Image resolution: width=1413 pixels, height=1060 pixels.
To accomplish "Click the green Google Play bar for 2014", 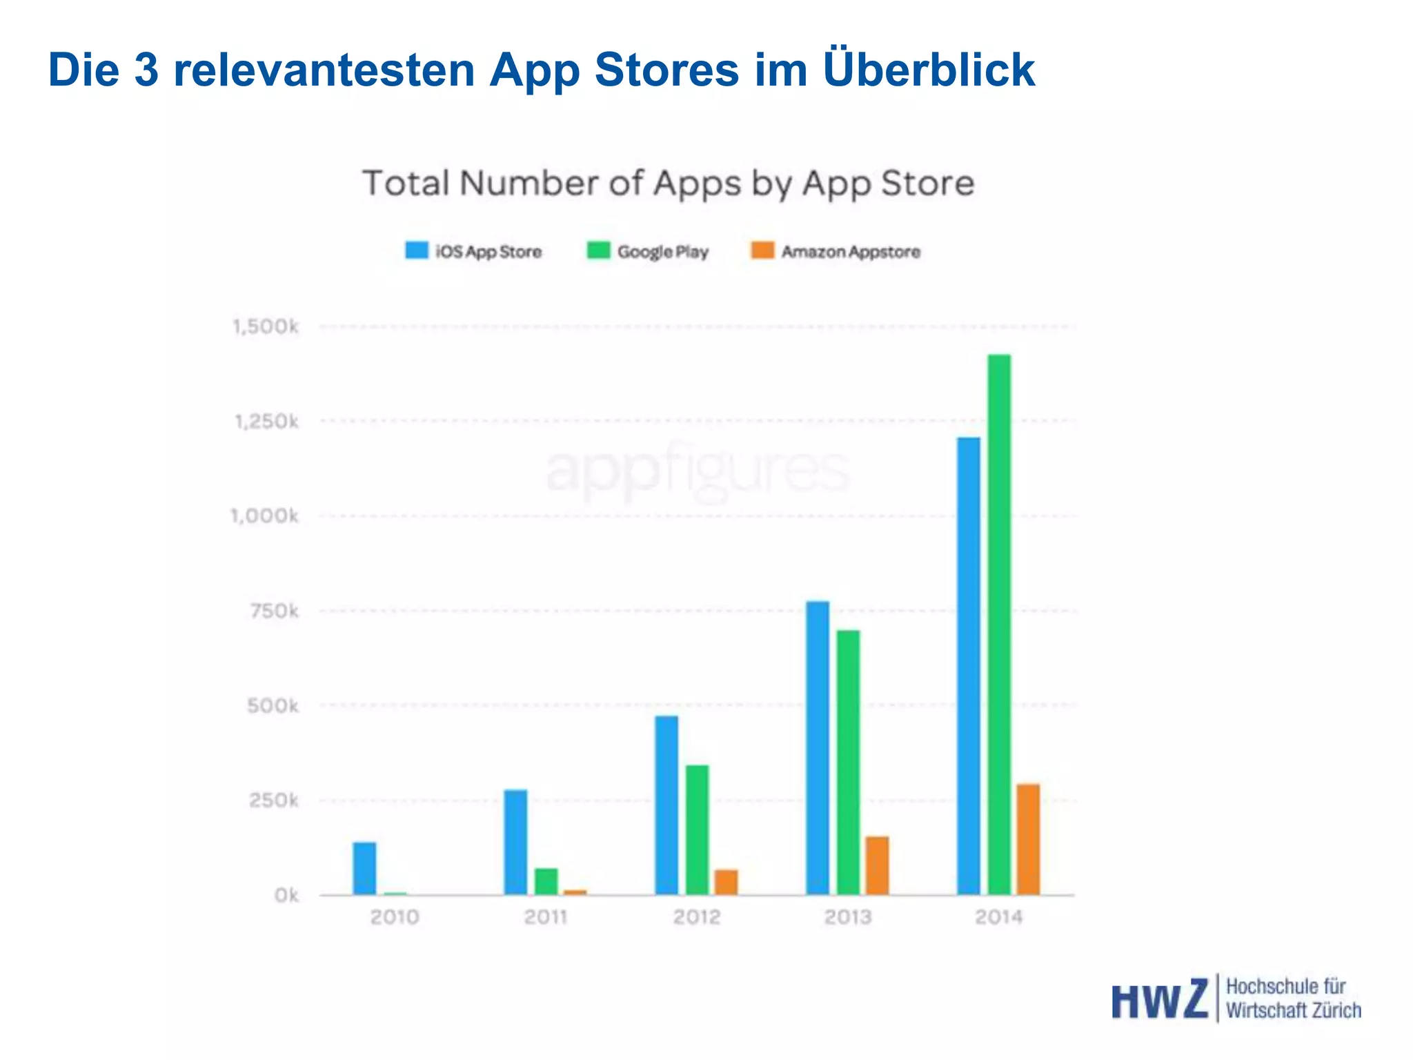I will point(999,625).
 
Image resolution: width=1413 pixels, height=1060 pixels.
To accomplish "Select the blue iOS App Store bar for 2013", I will point(818,748).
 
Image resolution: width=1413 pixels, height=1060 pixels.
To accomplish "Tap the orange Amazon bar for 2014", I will point(1028,839).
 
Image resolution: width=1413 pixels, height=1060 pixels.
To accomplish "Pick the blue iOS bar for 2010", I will point(364,868).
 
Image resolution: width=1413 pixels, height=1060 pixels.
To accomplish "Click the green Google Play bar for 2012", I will point(697,830).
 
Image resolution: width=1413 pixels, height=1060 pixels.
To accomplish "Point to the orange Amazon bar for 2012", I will point(726,882).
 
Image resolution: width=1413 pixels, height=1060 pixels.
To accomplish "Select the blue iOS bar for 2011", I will point(515,842).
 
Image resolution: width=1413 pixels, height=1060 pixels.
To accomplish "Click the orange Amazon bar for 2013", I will point(877,865).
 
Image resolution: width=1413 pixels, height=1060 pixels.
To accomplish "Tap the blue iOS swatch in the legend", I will point(417,250).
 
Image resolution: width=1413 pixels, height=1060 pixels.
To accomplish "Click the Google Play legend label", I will point(662,252).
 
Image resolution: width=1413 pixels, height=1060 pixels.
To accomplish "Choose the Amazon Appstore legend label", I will point(851,252).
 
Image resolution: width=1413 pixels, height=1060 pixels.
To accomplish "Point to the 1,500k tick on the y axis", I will point(266,326).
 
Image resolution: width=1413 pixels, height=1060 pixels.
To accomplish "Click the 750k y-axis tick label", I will point(275,611).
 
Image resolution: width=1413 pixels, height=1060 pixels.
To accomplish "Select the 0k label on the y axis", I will point(286,896).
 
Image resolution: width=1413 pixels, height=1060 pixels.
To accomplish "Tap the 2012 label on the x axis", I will point(697,917).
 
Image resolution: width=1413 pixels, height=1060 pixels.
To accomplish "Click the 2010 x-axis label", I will point(395,917).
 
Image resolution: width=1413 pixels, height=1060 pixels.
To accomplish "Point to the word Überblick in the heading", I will point(929,70).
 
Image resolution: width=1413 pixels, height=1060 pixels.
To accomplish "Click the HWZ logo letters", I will point(1160,1000).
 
